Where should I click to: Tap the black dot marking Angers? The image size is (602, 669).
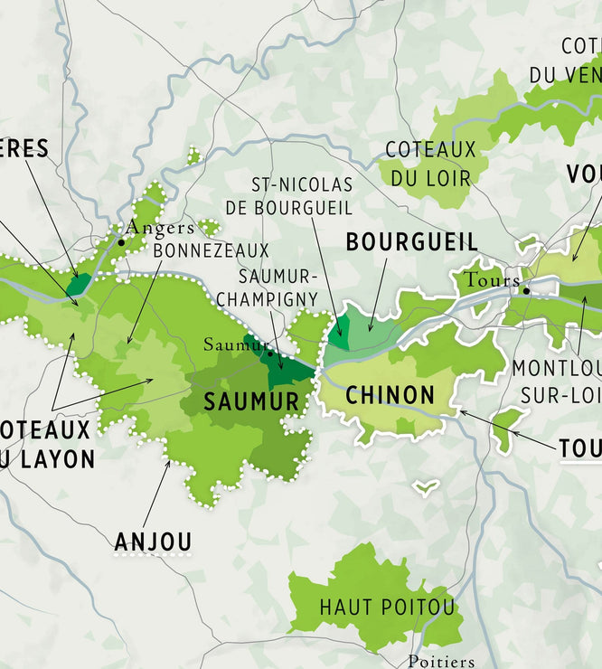(x=121, y=242)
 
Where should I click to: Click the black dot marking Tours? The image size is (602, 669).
(x=526, y=290)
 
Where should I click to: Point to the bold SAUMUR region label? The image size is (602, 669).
(x=251, y=401)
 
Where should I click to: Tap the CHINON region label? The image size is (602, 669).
(x=390, y=395)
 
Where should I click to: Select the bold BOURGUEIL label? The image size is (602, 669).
(x=411, y=241)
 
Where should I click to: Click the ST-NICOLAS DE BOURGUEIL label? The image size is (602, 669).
(x=301, y=196)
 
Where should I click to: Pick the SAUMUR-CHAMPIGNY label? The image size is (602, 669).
(x=279, y=287)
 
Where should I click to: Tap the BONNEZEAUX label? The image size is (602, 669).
(x=211, y=250)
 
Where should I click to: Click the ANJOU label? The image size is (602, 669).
(x=153, y=542)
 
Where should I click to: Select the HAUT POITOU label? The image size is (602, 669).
(x=387, y=607)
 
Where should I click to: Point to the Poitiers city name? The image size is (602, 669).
(x=441, y=661)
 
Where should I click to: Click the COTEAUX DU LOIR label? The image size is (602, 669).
(x=428, y=164)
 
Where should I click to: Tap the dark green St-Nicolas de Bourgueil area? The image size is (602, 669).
(x=338, y=334)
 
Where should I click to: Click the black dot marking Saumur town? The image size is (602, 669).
(x=269, y=353)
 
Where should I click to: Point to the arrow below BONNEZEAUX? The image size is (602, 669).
(x=145, y=303)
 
